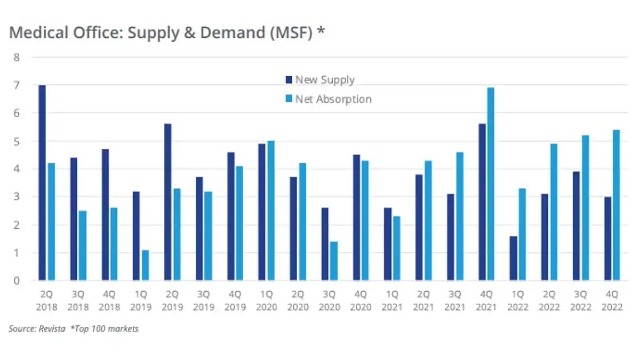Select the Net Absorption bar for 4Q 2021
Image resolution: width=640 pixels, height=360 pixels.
tap(491, 183)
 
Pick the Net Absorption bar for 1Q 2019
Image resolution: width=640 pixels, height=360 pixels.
tap(145, 265)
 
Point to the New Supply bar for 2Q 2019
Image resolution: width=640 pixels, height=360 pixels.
tap(168, 202)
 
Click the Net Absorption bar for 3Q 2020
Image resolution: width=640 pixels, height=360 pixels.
tap(334, 261)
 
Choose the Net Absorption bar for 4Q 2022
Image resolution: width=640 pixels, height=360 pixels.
tap(616, 205)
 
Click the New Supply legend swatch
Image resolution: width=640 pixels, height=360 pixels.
tap(289, 80)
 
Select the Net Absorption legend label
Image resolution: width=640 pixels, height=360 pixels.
tap(333, 99)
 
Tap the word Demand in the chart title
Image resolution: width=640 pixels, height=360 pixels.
tap(219, 33)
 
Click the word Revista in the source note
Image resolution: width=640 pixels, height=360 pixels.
tap(52, 329)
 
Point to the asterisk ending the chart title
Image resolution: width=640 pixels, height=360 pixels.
tap(321, 31)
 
